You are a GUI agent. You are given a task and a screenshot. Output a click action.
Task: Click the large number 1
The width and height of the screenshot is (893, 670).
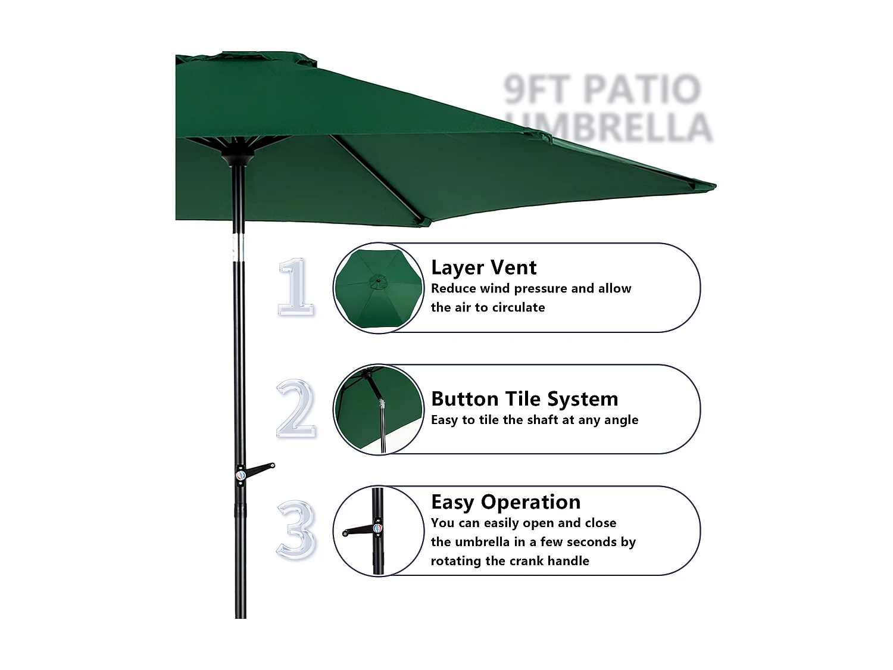tap(296, 287)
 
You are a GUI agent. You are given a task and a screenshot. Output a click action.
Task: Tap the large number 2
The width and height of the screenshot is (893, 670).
tap(296, 409)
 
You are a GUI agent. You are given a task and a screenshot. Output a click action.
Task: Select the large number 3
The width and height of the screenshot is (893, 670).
tap(296, 529)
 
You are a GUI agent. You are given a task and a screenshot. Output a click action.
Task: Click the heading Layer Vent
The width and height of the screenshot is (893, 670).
tap(483, 267)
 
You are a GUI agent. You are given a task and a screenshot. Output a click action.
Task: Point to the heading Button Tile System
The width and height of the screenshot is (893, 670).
tap(524, 398)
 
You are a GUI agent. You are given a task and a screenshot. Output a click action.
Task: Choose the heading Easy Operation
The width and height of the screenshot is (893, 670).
tap(505, 502)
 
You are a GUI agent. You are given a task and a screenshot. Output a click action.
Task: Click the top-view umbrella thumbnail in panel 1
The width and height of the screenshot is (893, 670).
tap(377, 288)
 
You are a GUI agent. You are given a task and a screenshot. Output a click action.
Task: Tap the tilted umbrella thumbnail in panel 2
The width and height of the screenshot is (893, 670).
tap(377, 410)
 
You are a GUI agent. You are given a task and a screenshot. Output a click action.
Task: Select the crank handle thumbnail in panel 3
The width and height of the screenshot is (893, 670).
tap(377, 530)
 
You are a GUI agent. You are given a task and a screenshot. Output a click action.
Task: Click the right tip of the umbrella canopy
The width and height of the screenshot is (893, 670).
tap(711, 186)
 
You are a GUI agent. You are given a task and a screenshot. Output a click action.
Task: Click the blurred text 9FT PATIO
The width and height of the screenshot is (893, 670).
tap(602, 89)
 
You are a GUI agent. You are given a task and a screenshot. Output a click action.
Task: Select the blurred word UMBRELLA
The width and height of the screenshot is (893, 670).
tap(613, 127)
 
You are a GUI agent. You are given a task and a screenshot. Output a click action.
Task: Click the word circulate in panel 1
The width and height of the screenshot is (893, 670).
tap(517, 307)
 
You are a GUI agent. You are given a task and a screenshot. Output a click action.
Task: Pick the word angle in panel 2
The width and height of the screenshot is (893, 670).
tap(621, 420)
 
